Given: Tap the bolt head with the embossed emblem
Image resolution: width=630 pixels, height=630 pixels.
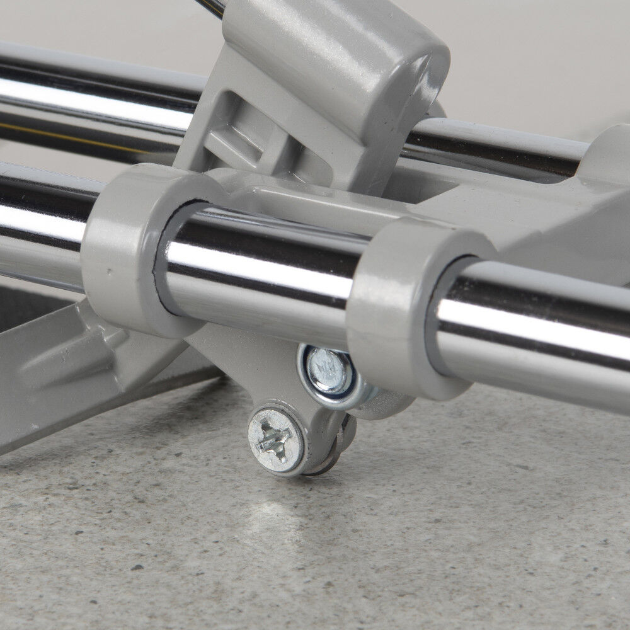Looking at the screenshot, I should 328,370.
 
